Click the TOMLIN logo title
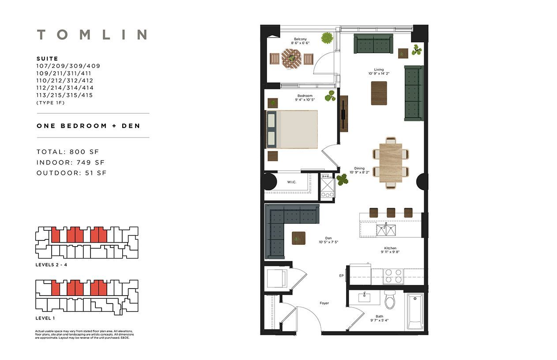pyautogui.click(x=92, y=34)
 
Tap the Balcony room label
pyautogui.click(x=300, y=39)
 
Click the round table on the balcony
pyautogui.click(x=291, y=59)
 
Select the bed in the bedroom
pyautogui.click(x=292, y=129)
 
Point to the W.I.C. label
pyautogui.click(x=292, y=182)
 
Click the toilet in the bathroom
pyautogui.click(x=390, y=299)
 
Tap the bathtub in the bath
pyautogui.click(x=415, y=311)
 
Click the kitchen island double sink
pyautogui.click(x=386, y=230)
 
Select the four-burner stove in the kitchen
pyautogui.click(x=393, y=276)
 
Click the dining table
pyautogui.click(x=391, y=163)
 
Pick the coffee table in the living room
pyautogui.click(x=379, y=93)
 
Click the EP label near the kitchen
pyautogui.click(x=341, y=275)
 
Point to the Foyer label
pyautogui.click(x=324, y=303)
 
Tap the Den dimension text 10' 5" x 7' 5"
pyautogui.click(x=328, y=242)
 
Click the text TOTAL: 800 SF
pyautogui.click(x=68, y=152)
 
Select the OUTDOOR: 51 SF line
pyautogui.click(x=72, y=173)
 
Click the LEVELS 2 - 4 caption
pyautogui.click(x=51, y=265)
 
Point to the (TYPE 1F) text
pyautogui.click(x=50, y=103)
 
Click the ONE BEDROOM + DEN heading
pyautogui.click(x=88, y=126)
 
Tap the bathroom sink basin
pyautogui.click(x=364, y=297)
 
